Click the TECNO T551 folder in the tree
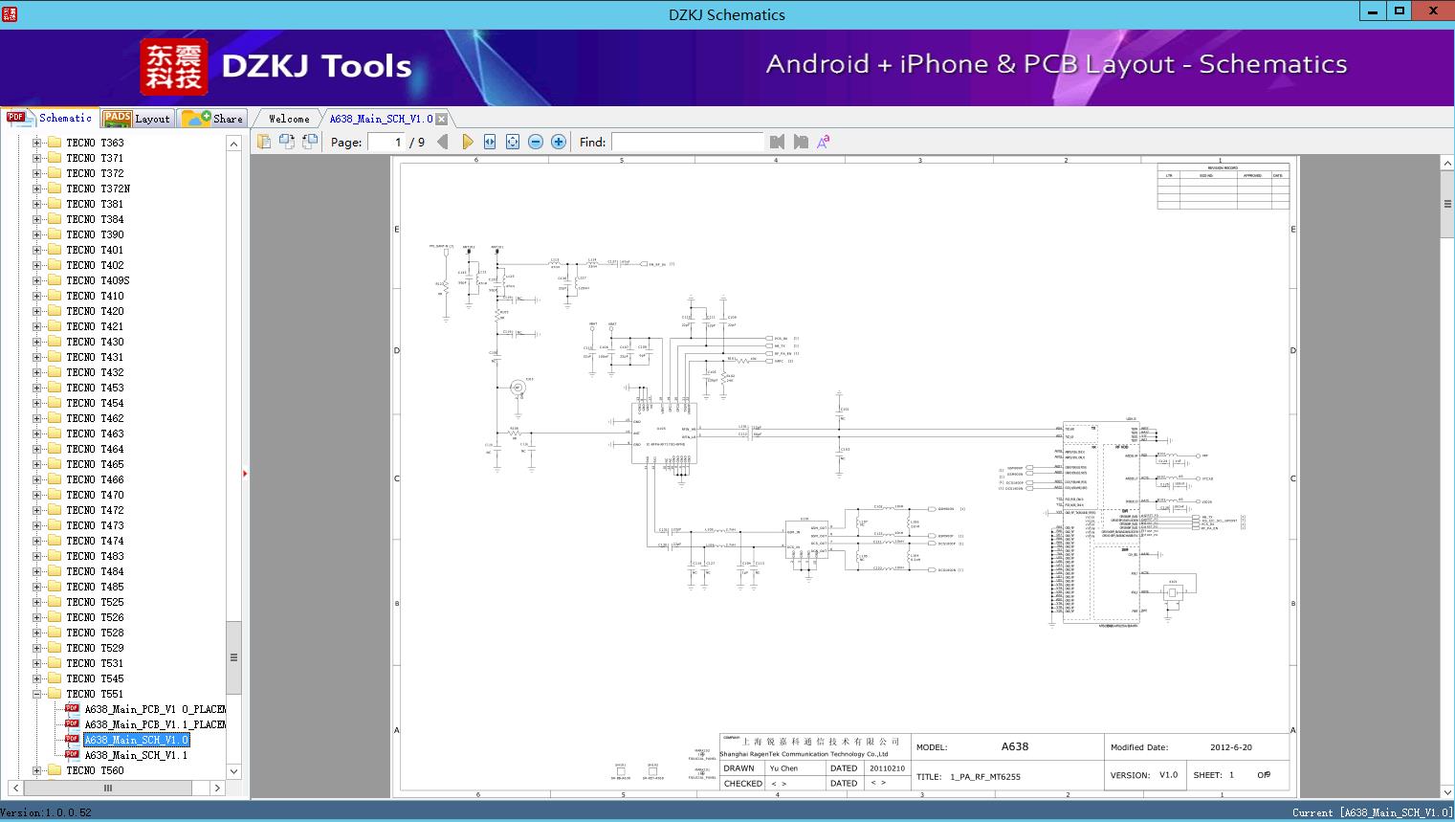95,694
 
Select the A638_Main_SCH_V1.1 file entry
136,755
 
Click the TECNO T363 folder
95,143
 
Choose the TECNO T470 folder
95,495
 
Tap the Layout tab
138,119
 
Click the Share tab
213,119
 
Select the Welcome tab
289,119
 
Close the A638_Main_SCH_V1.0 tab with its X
442,119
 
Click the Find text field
687,142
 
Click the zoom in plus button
559,142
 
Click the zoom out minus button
536,142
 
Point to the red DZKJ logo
174,67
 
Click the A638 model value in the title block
1015,746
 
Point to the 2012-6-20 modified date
1231,747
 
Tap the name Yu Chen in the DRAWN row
783,768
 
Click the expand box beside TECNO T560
37,770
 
